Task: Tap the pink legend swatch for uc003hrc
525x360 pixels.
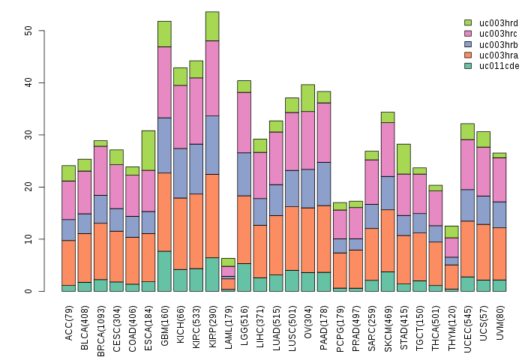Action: (x=468, y=34)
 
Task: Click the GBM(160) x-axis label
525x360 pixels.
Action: (x=165, y=323)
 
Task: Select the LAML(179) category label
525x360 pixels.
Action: (x=229, y=323)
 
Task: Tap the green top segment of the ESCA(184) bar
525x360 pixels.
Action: (x=148, y=150)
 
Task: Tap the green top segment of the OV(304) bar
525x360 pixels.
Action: (x=308, y=98)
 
